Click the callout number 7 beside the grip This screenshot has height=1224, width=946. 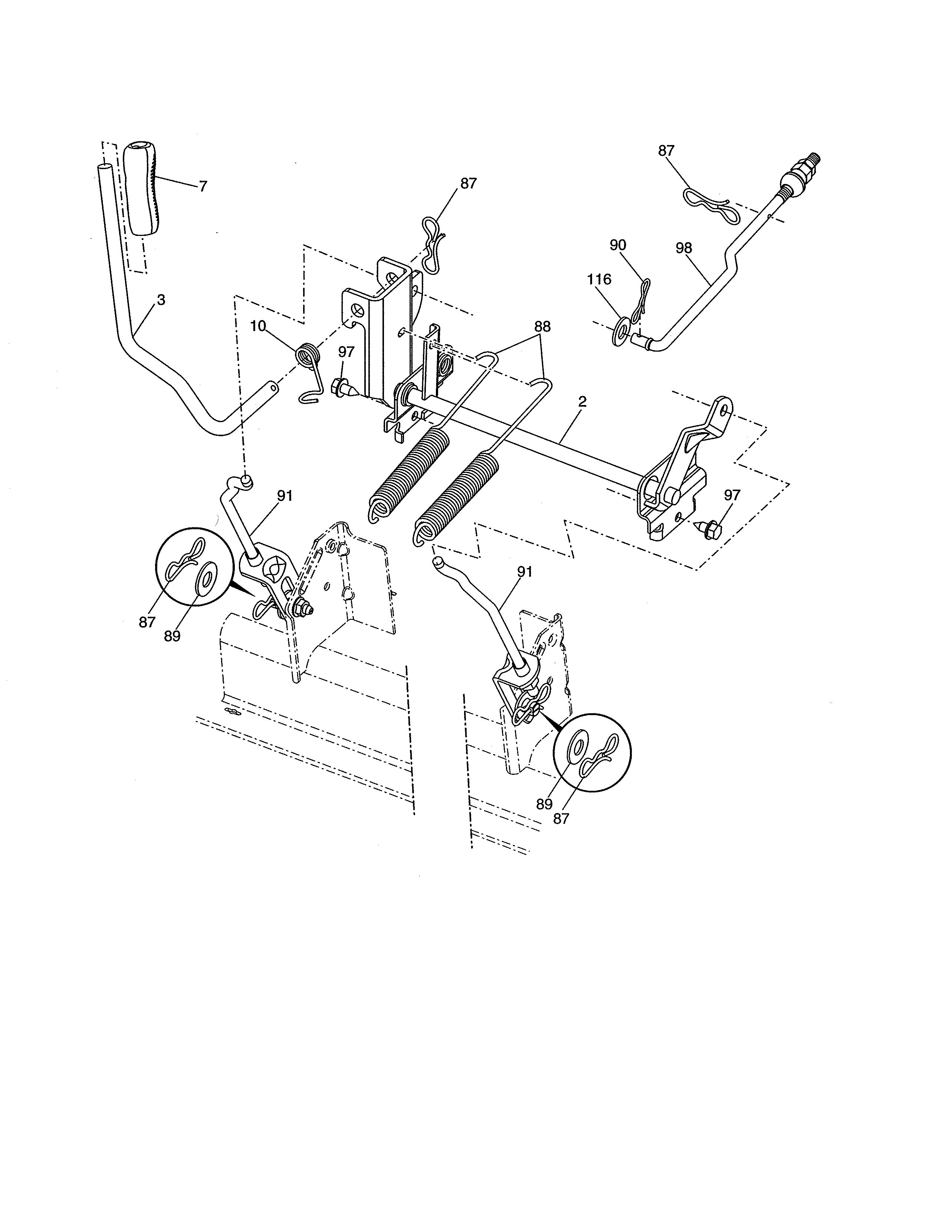[203, 187]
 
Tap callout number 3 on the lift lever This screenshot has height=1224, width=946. [161, 300]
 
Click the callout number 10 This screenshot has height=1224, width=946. [258, 326]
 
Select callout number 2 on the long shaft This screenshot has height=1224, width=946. [582, 401]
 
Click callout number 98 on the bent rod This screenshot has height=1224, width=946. [684, 248]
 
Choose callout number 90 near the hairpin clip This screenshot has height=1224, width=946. [618, 245]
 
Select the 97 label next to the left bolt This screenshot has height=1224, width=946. [346, 352]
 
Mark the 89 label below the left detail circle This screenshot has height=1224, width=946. [172, 636]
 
